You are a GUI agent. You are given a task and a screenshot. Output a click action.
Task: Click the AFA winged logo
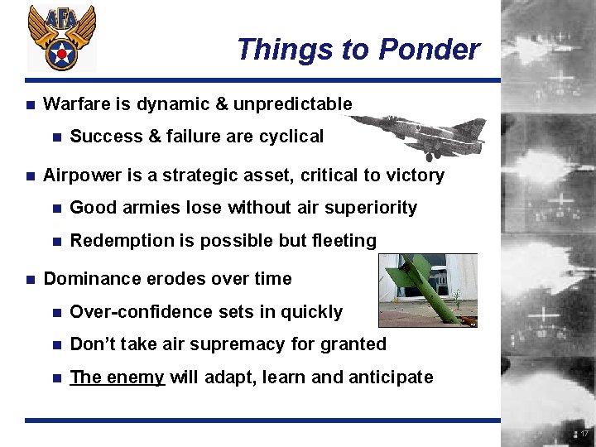tap(61, 37)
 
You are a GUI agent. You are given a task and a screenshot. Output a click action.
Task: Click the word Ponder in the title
tap(429, 50)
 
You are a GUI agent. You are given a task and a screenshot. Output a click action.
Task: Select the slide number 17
tap(584, 434)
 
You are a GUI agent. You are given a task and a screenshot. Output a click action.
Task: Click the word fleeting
tap(342, 241)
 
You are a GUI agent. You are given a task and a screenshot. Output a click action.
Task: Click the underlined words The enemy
tap(118, 377)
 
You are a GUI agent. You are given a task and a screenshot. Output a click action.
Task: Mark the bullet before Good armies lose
tap(56, 209)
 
